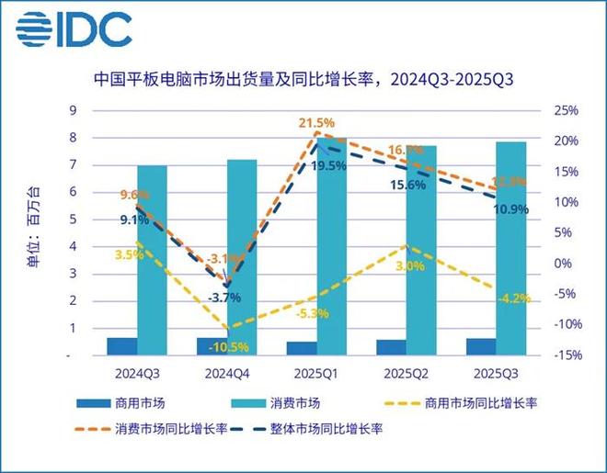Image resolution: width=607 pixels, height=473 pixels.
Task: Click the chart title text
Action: (303, 79)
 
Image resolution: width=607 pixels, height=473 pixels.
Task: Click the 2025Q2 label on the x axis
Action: (407, 374)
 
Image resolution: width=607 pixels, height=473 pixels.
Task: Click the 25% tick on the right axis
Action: (567, 111)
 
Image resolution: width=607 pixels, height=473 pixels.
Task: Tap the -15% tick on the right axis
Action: (564, 355)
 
